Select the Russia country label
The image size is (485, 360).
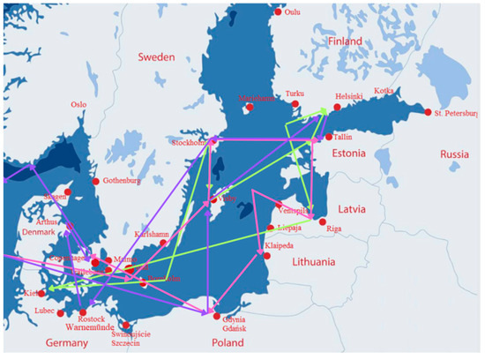click(x=454, y=155)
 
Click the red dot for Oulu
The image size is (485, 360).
click(x=279, y=12)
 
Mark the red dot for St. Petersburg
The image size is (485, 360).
click(x=429, y=113)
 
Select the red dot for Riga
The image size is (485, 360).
click(x=322, y=221)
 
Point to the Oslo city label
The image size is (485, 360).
click(x=80, y=104)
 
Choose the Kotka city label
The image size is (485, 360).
click(x=384, y=90)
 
